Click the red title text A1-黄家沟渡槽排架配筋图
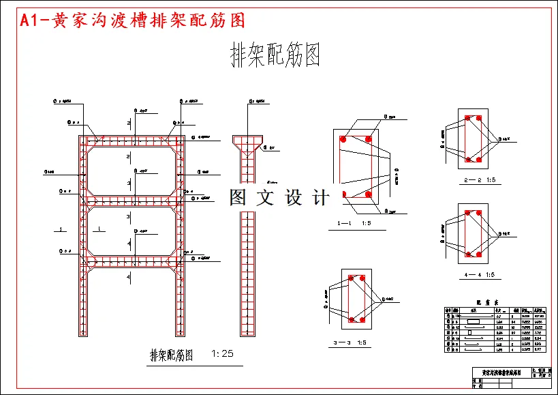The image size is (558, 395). pos(133,20)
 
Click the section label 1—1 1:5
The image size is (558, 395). pos(354,223)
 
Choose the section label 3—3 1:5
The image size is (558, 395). pos(352,342)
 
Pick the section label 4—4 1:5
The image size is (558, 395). pos(478,275)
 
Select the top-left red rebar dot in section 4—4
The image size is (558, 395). pos(467,213)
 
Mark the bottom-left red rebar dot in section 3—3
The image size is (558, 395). pos(351,319)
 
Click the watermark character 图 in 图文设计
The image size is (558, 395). pos(238,198)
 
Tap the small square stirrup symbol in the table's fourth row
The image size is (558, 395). pos(469,332)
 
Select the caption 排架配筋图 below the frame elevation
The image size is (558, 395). pos(171,355)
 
